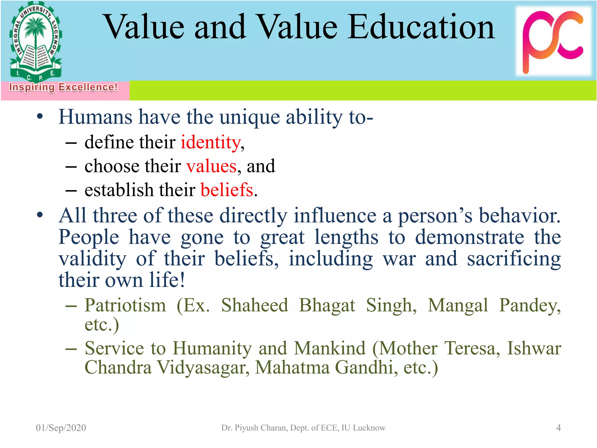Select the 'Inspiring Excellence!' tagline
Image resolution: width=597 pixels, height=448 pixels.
tap(63, 87)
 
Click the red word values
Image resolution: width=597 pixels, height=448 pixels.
tap(211, 166)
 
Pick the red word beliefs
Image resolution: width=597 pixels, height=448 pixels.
tap(227, 190)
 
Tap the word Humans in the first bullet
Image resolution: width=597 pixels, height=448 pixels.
tap(95, 117)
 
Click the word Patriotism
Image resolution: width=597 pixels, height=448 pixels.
tap(125, 305)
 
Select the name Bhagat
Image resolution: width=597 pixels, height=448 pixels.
tap(327, 305)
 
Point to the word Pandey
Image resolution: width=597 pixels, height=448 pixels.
tap(530, 305)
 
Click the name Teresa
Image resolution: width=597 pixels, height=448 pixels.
tap(472, 348)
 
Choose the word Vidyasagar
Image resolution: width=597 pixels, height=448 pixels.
tap(203, 367)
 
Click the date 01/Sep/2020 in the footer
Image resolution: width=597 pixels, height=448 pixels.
tap(61, 428)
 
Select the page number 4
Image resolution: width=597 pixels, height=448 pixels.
tap(558, 428)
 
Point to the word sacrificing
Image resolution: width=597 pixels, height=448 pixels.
tap(514, 259)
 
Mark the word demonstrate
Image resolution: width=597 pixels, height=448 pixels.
tap(469, 237)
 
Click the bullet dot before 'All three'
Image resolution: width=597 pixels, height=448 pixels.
tap(40, 215)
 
